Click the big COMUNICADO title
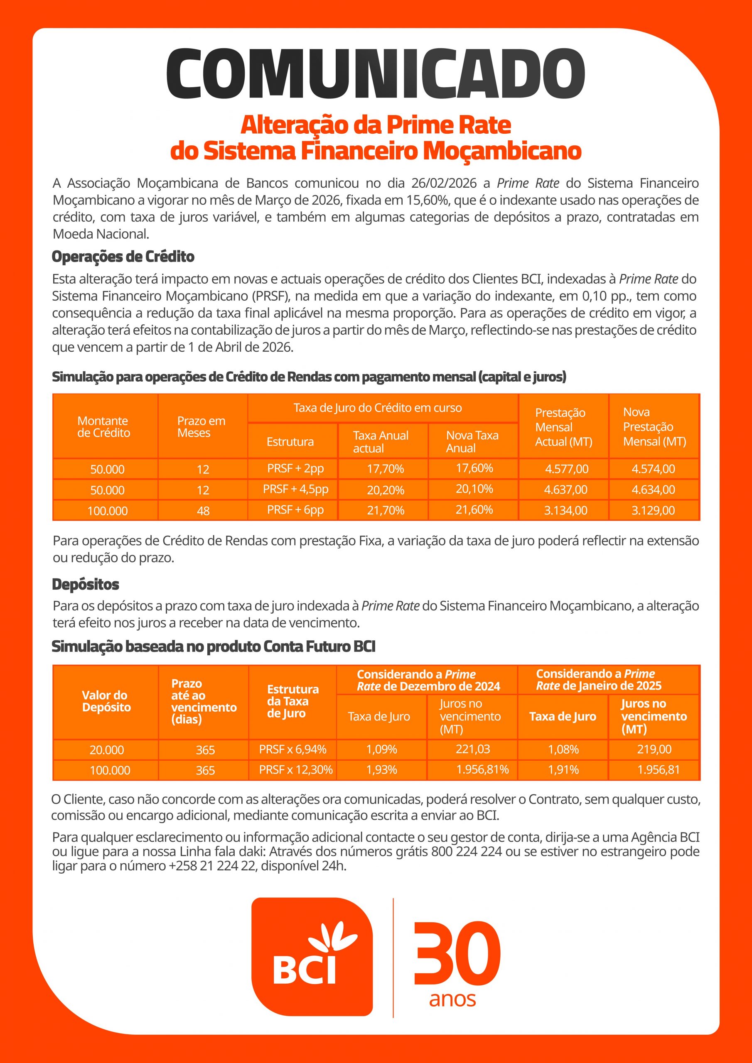375,74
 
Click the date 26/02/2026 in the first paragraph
443,184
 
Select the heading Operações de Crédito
123,257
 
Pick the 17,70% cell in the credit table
385,469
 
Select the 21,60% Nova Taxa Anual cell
474,510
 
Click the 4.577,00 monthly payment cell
566,469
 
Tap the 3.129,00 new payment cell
653,510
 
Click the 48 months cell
203,511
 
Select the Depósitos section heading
85,584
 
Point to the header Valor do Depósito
106,701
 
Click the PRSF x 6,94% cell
292,749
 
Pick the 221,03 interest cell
473,749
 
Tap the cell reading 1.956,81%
482,769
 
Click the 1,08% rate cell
563,749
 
